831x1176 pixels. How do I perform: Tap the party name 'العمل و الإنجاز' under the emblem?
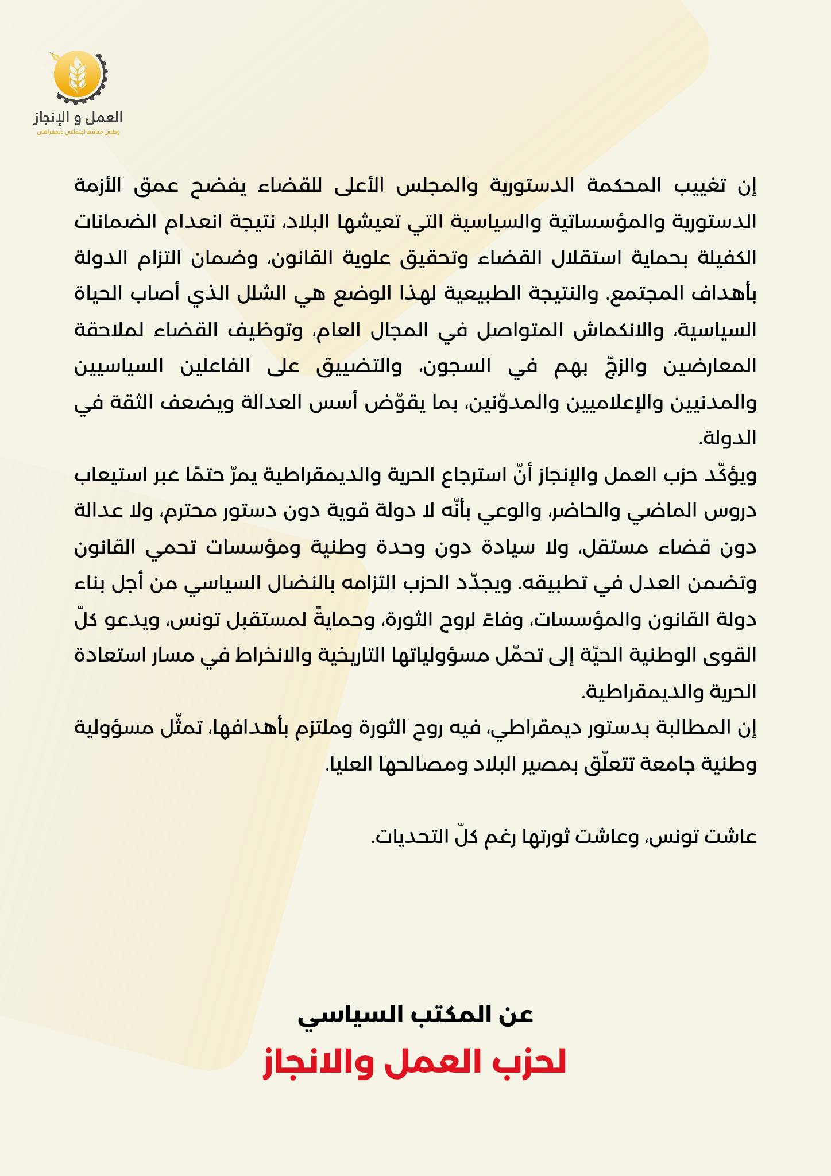click(x=79, y=117)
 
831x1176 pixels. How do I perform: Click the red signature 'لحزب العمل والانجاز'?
click(x=415, y=1063)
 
